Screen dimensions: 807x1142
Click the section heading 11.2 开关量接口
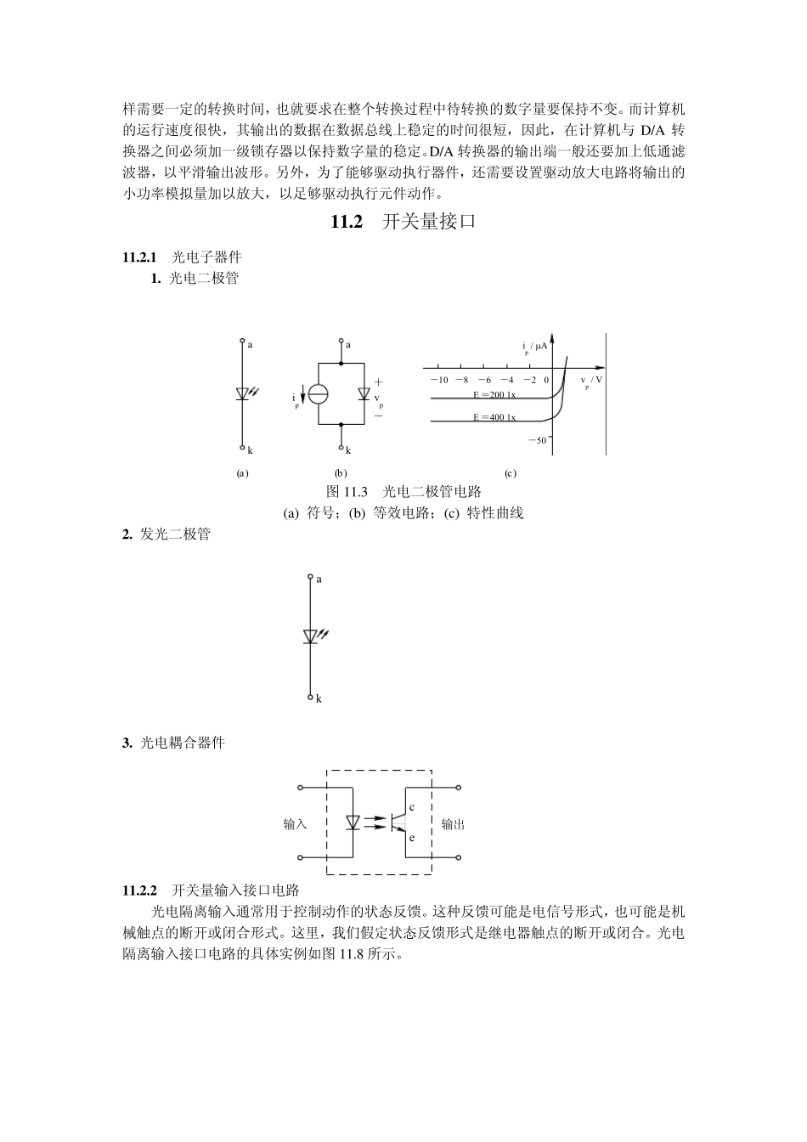(x=403, y=223)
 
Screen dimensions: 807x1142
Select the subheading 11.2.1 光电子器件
(x=183, y=257)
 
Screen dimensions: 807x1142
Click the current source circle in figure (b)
(x=318, y=394)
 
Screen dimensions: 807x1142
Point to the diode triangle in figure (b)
(x=364, y=394)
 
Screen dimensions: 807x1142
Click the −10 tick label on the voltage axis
(x=438, y=380)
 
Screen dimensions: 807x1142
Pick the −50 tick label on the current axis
(x=537, y=440)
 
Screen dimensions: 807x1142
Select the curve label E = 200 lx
(x=494, y=395)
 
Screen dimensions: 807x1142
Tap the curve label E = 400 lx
(x=494, y=417)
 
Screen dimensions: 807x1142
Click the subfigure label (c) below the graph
(x=510, y=473)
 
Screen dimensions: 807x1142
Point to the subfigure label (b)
(x=341, y=473)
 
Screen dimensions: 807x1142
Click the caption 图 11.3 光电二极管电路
(x=403, y=492)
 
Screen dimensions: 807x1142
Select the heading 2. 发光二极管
(x=166, y=534)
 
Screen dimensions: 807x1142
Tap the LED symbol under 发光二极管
(x=311, y=636)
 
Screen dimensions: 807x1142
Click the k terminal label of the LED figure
(x=319, y=698)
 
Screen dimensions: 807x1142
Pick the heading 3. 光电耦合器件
(x=173, y=743)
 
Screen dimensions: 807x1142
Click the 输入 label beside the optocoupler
(x=295, y=824)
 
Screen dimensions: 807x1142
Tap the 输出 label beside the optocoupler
(x=453, y=824)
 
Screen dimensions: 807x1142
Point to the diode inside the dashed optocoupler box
(x=353, y=823)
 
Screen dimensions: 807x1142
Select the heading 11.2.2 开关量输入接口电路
(x=212, y=890)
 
